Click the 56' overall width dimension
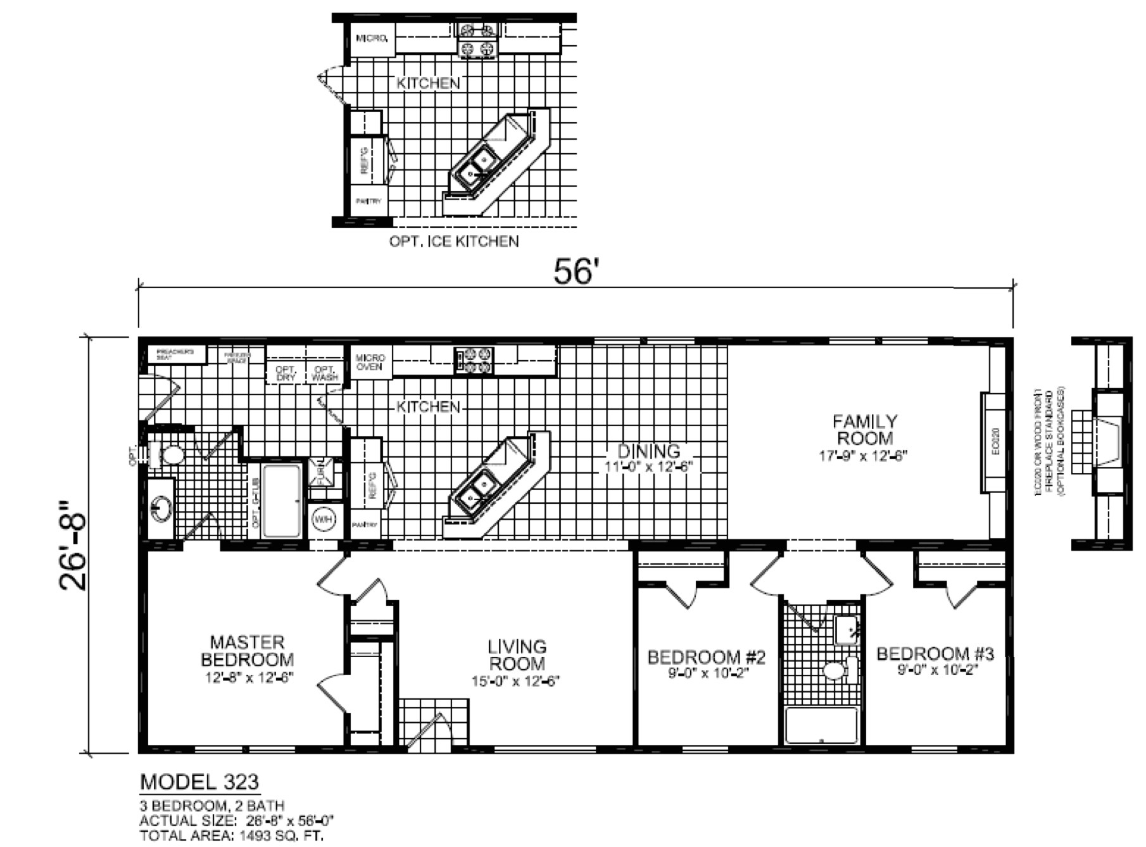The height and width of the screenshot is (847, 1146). tap(575, 272)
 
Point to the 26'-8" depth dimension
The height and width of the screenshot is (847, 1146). tap(73, 545)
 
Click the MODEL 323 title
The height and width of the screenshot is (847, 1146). tap(199, 782)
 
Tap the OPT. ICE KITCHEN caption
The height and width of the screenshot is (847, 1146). tap(454, 241)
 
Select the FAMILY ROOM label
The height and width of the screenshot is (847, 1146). tap(865, 430)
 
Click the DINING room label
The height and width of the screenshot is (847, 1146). tap(649, 451)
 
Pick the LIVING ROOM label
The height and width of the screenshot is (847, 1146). tap(517, 656)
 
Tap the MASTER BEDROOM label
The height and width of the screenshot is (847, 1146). tap(248, 651)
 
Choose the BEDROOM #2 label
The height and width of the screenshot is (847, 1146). tap(707, 657)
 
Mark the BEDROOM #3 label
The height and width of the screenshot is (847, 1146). tap(935, 653)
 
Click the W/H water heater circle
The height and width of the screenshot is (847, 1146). tap(324, 520)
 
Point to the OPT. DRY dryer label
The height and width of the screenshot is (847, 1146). tap(286, 373)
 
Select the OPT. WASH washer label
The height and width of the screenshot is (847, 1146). tap(325, 373)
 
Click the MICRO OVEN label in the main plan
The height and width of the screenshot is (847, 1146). tap(370, 362)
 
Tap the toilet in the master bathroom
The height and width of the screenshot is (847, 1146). tap(169, 455)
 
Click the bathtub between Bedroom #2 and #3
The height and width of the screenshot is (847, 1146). tap(822, 725)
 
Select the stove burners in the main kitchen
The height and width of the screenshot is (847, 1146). tap(474, 360)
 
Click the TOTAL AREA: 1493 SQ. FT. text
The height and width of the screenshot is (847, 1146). tap(232, 836)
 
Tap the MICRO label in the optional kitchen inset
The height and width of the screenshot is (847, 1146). tap(372, 39)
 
